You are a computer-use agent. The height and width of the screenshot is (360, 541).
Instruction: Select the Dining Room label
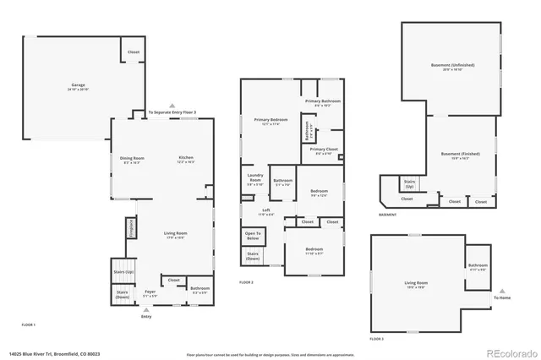tap(132, 159)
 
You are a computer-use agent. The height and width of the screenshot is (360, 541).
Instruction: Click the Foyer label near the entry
tap(150, 292)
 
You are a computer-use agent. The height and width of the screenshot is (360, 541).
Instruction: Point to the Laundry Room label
tap(254, 179)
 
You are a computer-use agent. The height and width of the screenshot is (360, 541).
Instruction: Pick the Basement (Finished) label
tap(461, 155)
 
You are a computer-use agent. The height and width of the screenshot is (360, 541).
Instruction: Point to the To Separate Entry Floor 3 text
tap(172, 112)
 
